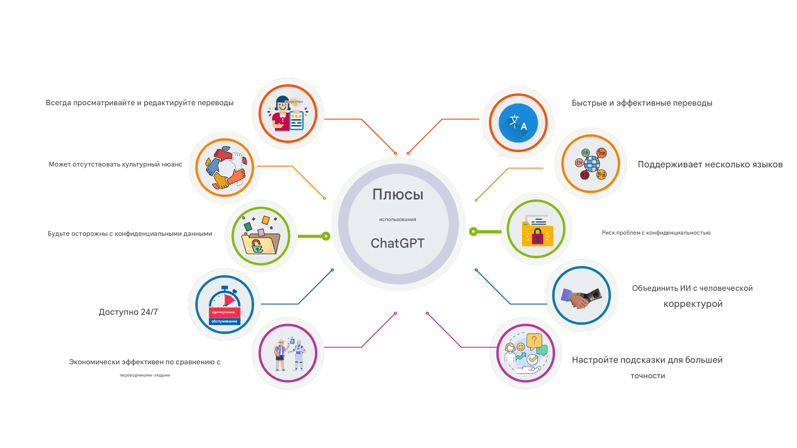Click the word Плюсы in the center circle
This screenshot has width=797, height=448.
398,194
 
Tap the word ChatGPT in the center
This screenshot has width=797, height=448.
398,243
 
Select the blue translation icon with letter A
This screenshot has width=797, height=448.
518,123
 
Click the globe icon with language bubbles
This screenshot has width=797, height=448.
591,164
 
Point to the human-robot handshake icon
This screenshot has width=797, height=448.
582,297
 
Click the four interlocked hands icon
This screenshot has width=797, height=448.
225,167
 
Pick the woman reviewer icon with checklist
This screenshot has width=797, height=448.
288,113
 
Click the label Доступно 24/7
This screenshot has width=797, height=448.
128,312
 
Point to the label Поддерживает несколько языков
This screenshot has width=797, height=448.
710,165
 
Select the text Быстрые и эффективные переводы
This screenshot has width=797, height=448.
642,103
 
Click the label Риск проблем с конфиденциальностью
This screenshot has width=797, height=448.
656,233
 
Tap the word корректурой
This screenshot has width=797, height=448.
693,304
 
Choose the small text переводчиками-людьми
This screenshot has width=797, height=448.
145,375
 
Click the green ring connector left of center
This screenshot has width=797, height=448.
326,236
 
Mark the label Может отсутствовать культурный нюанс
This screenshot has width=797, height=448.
115,164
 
